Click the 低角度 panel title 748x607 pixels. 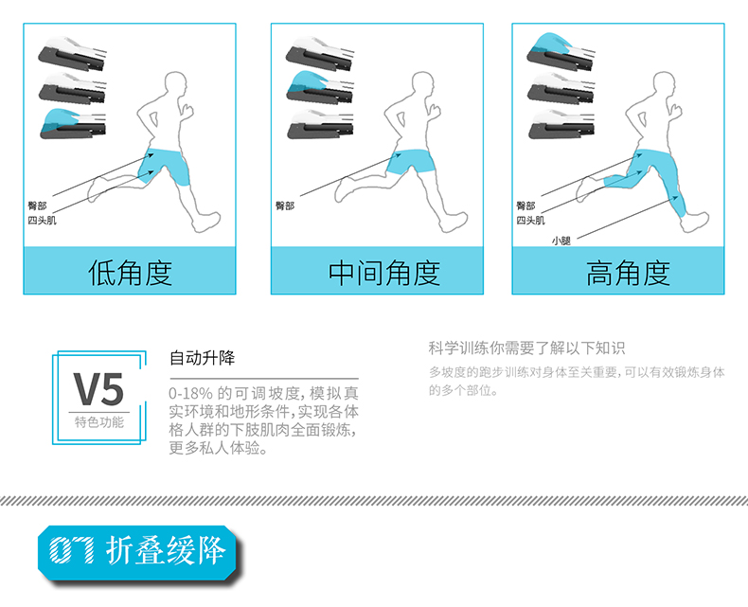[x=131, y=273]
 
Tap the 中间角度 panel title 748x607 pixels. [x=384, y=273]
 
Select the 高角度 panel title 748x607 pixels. [x=628, y=273]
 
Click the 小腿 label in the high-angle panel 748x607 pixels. [x=561, y=241]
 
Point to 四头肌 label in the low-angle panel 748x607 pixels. [x=42, y=220]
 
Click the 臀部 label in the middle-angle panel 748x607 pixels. [x=285, y=205]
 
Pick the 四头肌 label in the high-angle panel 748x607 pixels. [x=530, y=220]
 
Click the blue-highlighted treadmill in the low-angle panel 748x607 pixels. [x=73, y=124]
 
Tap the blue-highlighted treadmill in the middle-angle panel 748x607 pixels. [x=320, y=86]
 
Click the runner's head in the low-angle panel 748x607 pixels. [x=175, y=86]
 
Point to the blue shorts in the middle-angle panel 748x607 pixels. [x=411, y=162]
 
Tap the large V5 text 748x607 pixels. [x=98, y=389]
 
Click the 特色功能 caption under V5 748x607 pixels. [x=98, y=421]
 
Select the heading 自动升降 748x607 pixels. [x=203, y=357]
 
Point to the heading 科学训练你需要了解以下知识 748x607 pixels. [x=526, y=348]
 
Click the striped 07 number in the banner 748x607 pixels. [x=72, y=550]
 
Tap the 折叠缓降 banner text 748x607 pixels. [x=166, y=550]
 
